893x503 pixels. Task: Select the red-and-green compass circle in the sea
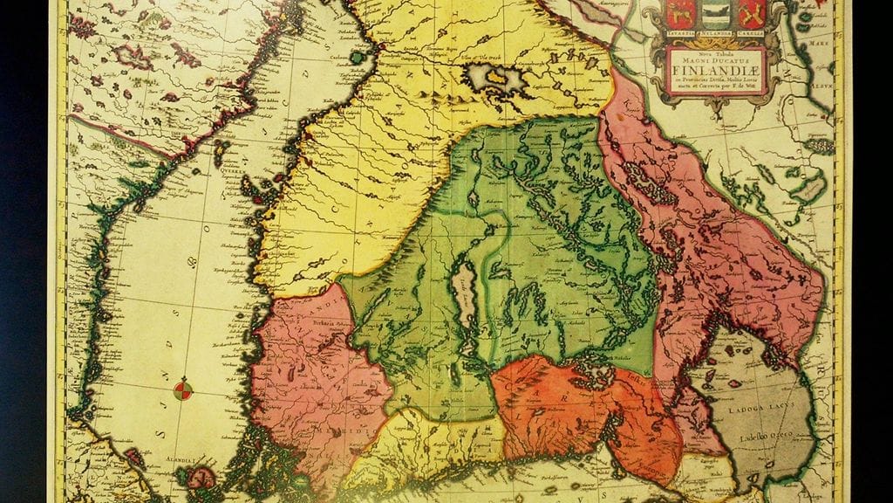(183, 391)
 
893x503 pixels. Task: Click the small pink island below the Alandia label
(202, 479)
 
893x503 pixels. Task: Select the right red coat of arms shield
(751, 11)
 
